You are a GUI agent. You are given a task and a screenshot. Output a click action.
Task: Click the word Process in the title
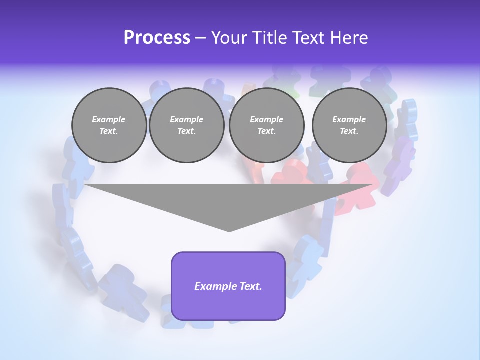click(157, 38)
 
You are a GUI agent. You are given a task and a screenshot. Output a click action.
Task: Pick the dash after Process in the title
click(201, 38)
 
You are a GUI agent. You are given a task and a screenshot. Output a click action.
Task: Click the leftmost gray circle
click(109, 125)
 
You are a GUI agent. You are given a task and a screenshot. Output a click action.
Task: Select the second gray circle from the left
click(186, 125)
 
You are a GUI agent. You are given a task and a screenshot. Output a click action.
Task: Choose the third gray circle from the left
click(266, 125)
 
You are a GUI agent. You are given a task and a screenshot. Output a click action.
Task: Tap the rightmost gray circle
click(349, 125)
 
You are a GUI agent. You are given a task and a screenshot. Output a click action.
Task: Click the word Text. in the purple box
click(250, 286)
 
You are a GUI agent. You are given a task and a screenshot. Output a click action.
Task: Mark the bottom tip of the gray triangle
click(229, 230)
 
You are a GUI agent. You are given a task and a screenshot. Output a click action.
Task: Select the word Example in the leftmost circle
click(109, 119)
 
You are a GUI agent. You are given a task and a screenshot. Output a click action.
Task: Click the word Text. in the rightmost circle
click(349, 131)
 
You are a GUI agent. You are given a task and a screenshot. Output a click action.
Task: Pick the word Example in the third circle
click(266, 119)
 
